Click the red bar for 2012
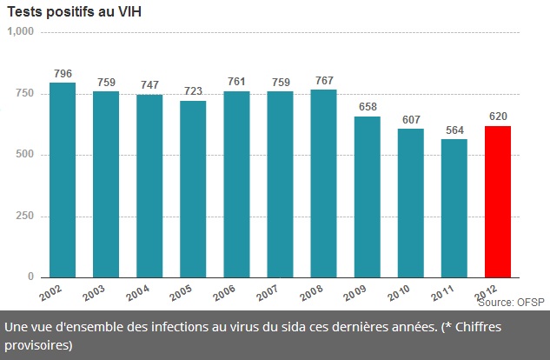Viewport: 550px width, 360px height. pyautogui.click(x=497, y=201)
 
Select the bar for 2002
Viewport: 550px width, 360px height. pyautogui.click(x=63, y=179)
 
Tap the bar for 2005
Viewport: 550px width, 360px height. pyautogui.click(x=193, y=189)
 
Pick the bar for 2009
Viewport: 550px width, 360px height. pyautogui.click(x=367, y=197)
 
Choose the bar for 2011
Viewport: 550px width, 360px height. pyautogui.click(x=454, y=208)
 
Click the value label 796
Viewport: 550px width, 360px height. pyautogui.click(x=63, y=73)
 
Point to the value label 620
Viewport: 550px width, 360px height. pyautogui.click(x=498, y=117)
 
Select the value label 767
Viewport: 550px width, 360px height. pyautogui.click(x=323, y=80)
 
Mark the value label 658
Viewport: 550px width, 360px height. pyautogui.click(x=367, y=107)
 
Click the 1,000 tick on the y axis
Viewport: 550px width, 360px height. pyautogui.click(x=19, y=31)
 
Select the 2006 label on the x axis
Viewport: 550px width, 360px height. pyautogui.click(x=225, y=292)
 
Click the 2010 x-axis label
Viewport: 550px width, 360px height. pyautogui.click(x=399, y=292)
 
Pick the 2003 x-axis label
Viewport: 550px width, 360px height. pyautogui.click(x=95, y=292)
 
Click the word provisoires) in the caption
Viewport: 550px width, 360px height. pyautogui.click(x=39, y=344)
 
